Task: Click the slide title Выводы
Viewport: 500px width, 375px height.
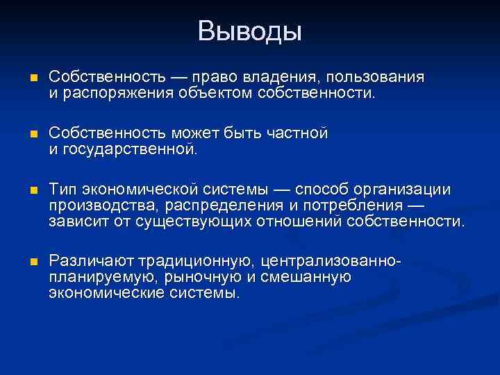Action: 249,31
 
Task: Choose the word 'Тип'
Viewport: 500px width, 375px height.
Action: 62,190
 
